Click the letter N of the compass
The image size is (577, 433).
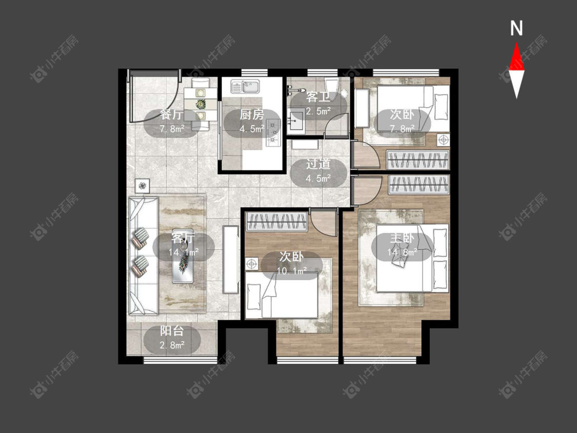point(516,28)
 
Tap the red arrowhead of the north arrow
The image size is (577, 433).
point(516,56)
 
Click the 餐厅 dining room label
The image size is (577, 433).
point(171,114)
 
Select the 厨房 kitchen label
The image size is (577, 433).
point(252,114)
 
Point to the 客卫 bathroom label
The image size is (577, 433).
point(318,97)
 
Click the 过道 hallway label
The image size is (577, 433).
point(318,164)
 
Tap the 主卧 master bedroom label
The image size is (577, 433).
point(402,238)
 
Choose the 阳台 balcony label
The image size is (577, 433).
point(171,331)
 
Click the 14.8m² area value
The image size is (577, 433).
point(402,252)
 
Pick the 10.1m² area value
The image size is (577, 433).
point(292,271)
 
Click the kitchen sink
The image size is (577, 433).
point(245,87)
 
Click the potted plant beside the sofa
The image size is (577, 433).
point(143,186)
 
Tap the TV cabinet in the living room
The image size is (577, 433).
point(231,259)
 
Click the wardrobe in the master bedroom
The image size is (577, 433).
point(419,184)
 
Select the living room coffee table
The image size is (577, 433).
point(183,256)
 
